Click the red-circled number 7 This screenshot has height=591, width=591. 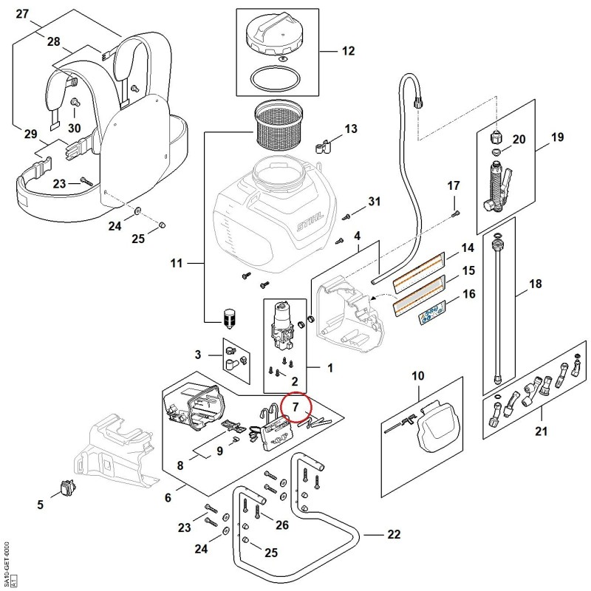click(295, 407)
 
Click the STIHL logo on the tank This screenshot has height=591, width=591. click(310, 222)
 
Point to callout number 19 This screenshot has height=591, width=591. click(558, 137)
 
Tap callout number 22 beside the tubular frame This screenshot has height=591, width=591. click(394, 534)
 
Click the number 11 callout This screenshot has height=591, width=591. click(177, 263)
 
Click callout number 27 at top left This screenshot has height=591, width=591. click(22, 14)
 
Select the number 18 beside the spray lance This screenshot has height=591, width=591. click(535, 284)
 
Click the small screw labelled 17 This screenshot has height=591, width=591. click(455, 213)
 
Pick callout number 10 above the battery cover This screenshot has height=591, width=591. click(418, 376)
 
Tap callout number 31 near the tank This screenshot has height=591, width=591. click(374, 201)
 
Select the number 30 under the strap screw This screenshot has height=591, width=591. click(75, 128)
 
